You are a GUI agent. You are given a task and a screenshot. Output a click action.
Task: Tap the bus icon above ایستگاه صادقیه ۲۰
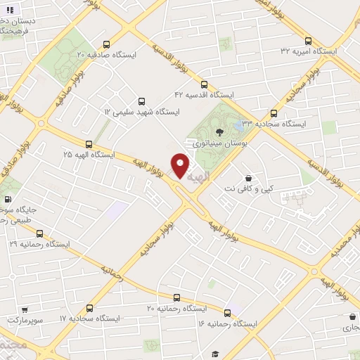[x=107, y=43]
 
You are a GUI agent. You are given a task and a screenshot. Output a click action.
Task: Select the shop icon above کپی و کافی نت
[x=247, y=179]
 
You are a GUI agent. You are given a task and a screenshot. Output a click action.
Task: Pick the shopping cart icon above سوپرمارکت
[x=25, y=309]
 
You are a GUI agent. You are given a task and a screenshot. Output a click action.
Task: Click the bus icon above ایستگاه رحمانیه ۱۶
[x=227, y=312]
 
